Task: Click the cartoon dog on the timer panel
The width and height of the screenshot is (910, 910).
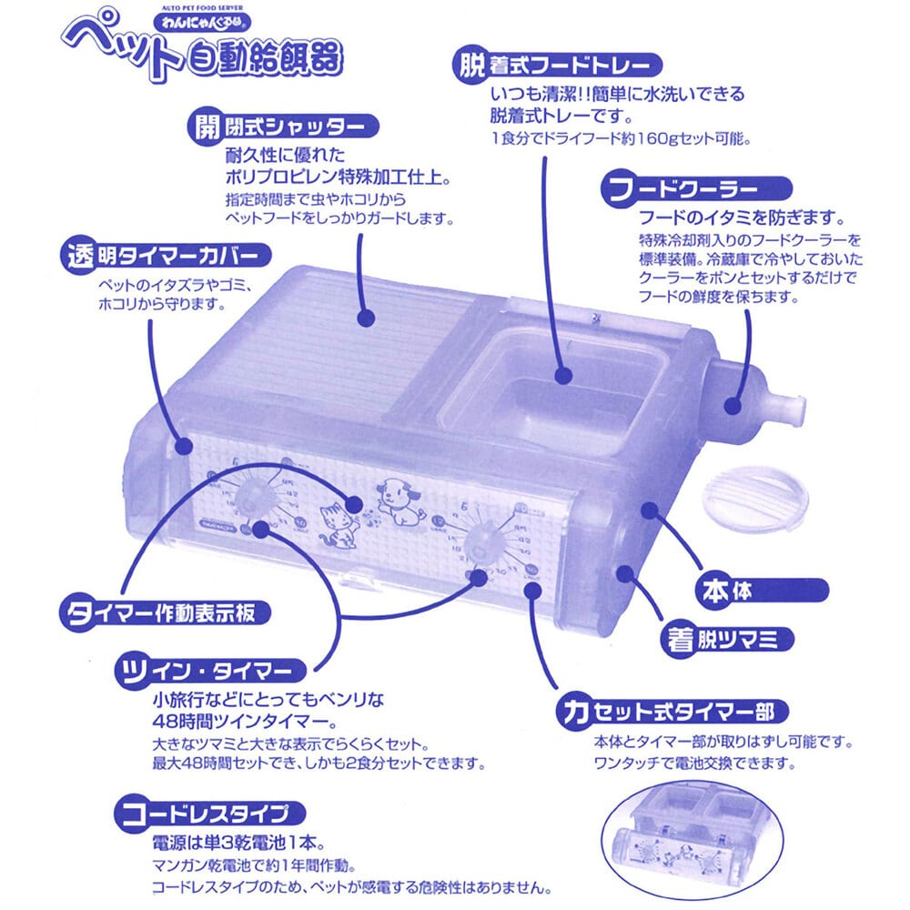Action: tap(396, 501)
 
